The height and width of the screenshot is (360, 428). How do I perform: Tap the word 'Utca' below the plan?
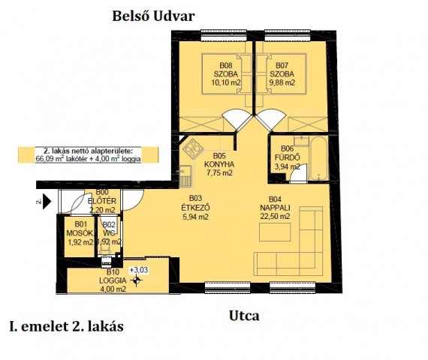(x=244, y=316)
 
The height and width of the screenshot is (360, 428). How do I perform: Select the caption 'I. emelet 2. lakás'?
(x=66, y=327)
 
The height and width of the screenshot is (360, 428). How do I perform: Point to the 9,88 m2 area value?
(x=282, y=83)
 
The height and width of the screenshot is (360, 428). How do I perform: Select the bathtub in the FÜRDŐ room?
(x=315, y=153)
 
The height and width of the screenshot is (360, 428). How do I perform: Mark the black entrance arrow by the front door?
(x=48, y=201)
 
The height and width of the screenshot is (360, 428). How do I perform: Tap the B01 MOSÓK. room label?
(x=78, y=232)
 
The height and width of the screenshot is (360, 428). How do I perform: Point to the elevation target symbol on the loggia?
(x=136, y=281)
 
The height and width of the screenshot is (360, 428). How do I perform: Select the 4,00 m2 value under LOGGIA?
(x=111, y=288)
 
